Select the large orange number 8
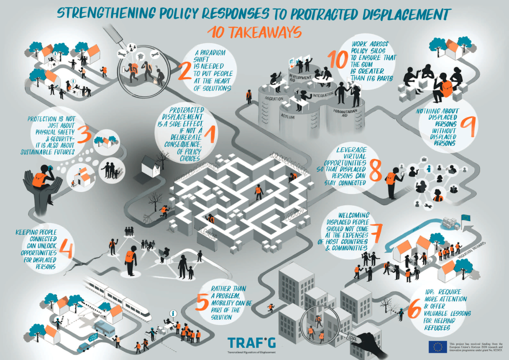(375, 170)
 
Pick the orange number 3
(84, 134)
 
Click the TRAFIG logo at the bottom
(251, 343)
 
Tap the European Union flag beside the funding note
(437, 347)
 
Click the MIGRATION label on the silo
(274, 99)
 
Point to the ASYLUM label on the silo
(288, 117)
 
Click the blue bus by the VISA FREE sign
(104, 328)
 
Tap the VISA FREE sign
(93, 337)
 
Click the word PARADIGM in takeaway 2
(212, 53)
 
